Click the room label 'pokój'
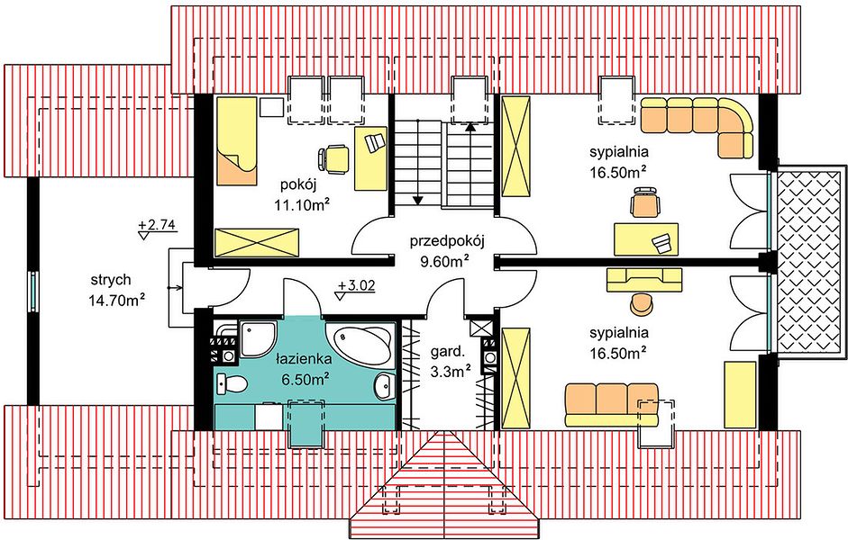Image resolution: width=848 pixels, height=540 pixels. pyautogui.click(x=298, y=185)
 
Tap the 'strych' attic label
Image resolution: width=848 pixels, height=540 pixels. pyautogui.click(x=110, y=280)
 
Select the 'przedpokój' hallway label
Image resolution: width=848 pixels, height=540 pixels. pyautogui.click(x=446, y=241)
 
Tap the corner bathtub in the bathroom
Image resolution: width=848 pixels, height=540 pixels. pyautogui.click(x=360, y=342)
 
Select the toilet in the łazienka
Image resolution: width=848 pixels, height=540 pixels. pyautogui.click(x=232, y=384)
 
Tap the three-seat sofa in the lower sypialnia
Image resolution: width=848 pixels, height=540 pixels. pyautogui.click(x=611, y=405)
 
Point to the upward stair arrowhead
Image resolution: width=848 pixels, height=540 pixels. pyautogui.click(x=470, y=128)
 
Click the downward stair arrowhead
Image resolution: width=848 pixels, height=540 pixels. pyautogui.click(x=417, y=201)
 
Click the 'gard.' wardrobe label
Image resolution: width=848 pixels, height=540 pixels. pyautogui.click(x=447, y=353)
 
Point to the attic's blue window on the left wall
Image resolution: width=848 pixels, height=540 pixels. pyautogui.click(x=33, y=291)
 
